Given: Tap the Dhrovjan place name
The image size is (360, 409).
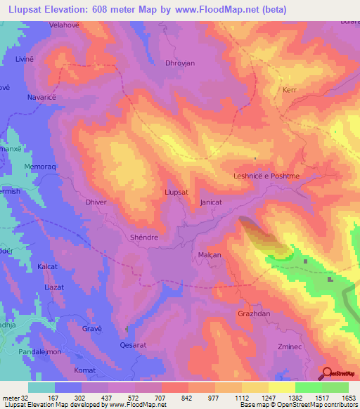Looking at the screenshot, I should coord(179,63).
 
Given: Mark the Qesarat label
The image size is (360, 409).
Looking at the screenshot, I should coord(133,346).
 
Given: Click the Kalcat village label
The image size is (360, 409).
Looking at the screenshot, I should coord(48,267).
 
